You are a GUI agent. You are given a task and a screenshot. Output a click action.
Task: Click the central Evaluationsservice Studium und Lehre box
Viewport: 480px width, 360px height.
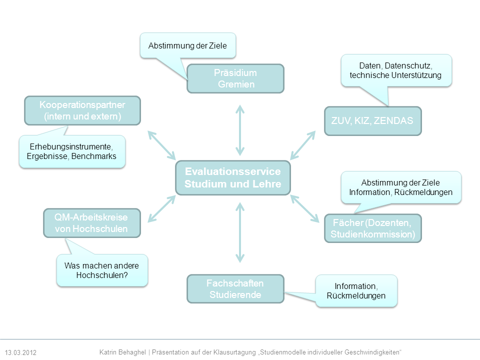pyautogui.click(x=232, y=177)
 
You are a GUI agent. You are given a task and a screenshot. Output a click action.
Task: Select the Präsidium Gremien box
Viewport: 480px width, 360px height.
pyautogui.click(x=235, y=78)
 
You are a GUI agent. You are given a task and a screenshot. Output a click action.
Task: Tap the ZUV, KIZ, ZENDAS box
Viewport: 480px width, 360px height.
pyautogui.click(x=372, y=121)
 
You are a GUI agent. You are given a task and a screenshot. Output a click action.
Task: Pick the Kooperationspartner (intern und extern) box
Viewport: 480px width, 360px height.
pyautogui.click(x=82, y=110)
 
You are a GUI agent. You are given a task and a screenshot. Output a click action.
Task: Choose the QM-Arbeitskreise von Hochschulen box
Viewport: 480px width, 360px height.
pyautogui.click(x=91, y=222)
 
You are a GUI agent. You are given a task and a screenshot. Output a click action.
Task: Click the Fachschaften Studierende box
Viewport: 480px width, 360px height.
pyautogui.click(x=235, y=289)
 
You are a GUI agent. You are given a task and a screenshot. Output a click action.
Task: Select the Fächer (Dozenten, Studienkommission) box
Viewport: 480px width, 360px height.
pyautogui.click(x=372, y=228)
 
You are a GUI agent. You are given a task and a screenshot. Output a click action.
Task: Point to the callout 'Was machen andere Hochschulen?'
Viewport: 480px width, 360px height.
pyautogui.click(x=102, y=270)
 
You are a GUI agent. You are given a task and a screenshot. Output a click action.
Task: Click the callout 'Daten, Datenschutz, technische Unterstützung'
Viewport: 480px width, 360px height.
pyautogui.click(x=395, y=70)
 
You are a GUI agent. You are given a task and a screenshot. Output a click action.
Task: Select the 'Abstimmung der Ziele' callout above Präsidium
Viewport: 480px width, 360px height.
pyautogui.click(x=187, y=46)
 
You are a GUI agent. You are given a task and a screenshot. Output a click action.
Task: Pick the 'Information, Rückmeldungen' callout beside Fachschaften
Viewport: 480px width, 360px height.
pyautogui.click(x=356, y=290)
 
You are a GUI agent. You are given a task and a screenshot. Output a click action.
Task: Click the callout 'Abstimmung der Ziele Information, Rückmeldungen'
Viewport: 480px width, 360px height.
pyautogui.click(x=400, y=187)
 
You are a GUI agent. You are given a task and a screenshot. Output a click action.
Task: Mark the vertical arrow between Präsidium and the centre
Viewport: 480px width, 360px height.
pyautogui.click(x=240, y=130)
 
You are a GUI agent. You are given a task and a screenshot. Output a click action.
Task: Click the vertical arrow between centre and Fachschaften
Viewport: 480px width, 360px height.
pyautogui.click(x=240, y=232)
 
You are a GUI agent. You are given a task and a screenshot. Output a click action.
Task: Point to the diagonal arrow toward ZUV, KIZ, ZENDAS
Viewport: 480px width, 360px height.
pyautogui.click(x=303, y=144)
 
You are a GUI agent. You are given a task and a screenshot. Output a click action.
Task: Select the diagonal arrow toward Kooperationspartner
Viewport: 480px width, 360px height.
pyautogui.click(x=161, y=144)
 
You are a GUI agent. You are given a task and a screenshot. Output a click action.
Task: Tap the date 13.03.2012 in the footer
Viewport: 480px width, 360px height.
pyautogui.click(x=21, y=352)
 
